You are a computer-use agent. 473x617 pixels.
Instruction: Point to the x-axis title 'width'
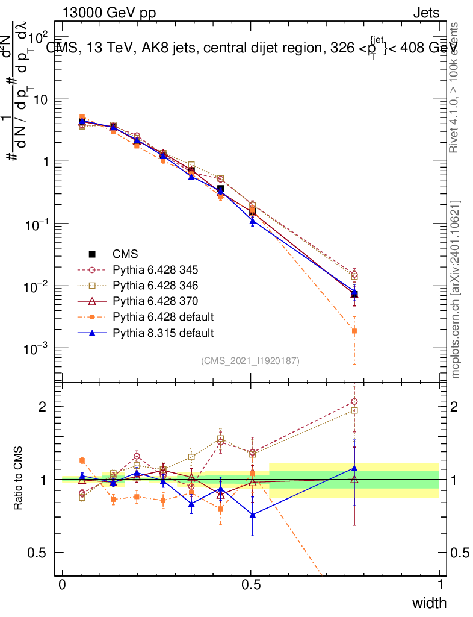pyautogui.click(x=428, y=603)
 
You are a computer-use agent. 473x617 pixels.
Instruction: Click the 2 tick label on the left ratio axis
pyautogui.click(x=43, y=407)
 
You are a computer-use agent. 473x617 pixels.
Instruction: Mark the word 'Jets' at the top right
pyautogui.click(x=425, y=13)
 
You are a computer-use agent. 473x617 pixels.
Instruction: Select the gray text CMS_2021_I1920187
pyautogui.click(x=250, y=360)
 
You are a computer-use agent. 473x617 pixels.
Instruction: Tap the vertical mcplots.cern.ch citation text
pyautogui.click(x=456, y=289)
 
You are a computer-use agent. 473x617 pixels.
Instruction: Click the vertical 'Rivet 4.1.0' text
pyautogui.click(x=456, y=87)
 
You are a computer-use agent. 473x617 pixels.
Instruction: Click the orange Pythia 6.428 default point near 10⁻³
pyautogui.click(x=354, y=331)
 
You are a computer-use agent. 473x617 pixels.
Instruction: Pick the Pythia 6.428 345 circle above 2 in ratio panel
pyautogui.click(x=354, y=401)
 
